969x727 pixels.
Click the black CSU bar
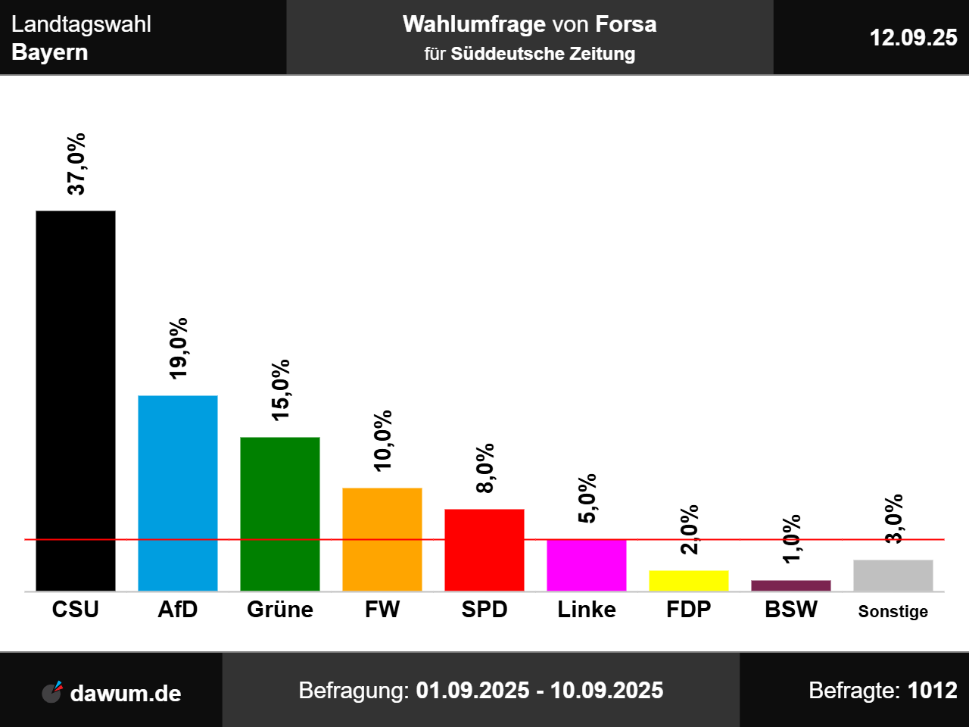pos(76,401)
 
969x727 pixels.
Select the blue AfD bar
pos(178,493)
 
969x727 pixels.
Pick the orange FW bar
pos(382,539)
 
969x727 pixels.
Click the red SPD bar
pos(484,550)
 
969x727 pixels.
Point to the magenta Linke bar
pos(587,565)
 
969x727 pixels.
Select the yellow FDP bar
pos(689,581)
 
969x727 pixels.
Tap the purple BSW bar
pos(791,585)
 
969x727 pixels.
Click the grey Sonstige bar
pos(893,576)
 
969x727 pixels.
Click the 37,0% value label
pos(76,164)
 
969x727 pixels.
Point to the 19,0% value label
pos(179,348)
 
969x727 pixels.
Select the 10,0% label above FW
pos(383,441)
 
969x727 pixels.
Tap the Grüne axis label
pos(280,610)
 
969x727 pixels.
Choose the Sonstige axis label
pos(893,612)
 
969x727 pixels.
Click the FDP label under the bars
pos(689,610)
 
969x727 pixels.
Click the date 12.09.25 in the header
pos(913,38)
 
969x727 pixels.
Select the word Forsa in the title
pos(626,24)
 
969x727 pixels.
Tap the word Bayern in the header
pos(50,52)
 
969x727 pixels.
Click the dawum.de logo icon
pos(52,691)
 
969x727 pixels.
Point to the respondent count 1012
pos(932,691)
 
